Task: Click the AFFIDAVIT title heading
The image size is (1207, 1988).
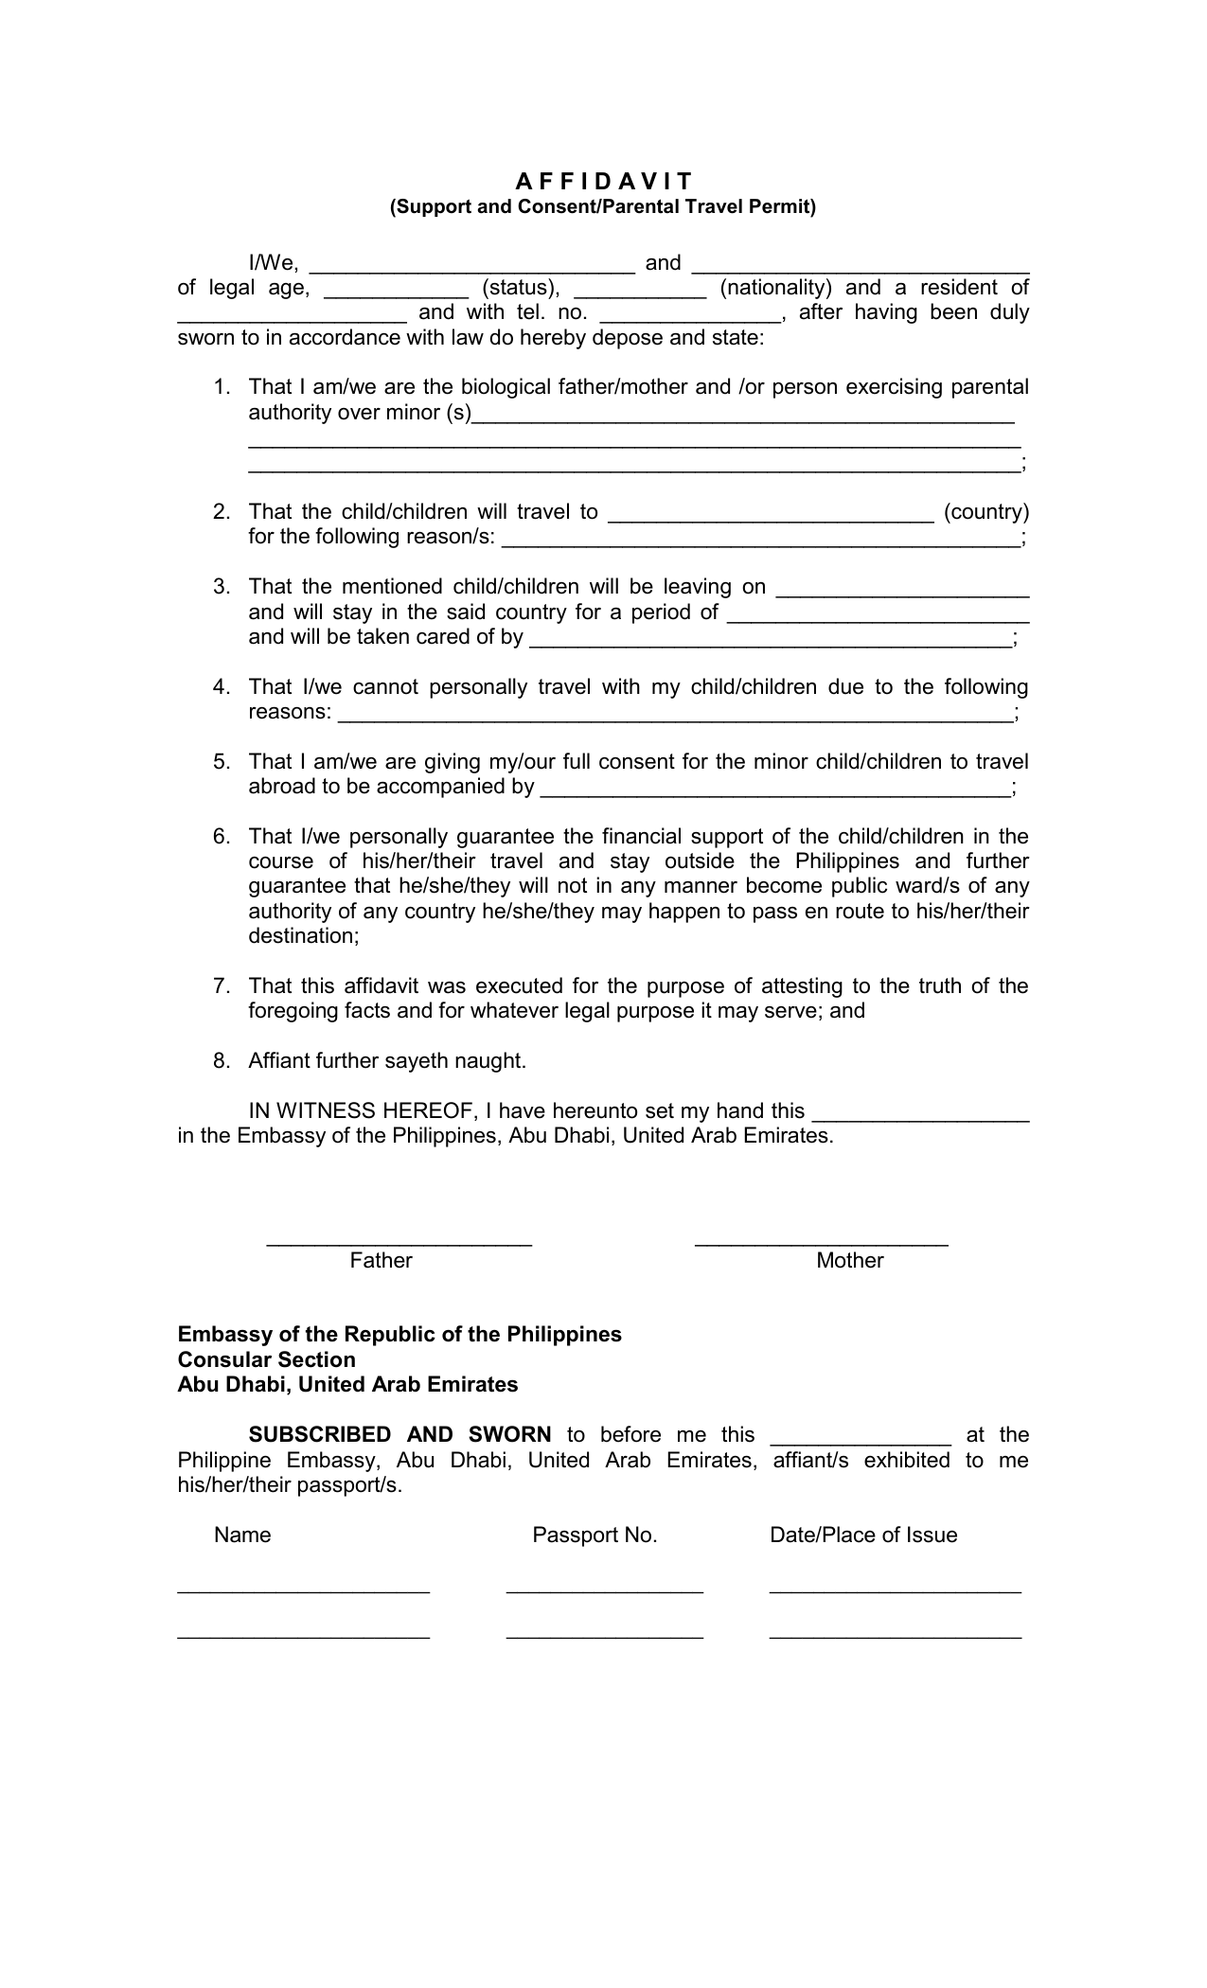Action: [603, 181]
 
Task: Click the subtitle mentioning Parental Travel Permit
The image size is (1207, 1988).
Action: [603, 206]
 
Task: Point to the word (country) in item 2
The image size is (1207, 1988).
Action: [985, 512]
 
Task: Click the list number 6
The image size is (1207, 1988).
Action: [222, 837]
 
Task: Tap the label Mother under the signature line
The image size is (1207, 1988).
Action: [849, 1261]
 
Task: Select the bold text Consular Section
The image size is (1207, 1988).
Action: [267, 1360]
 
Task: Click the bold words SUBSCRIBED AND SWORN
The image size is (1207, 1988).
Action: [399, 1435]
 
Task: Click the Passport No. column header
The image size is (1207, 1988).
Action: [595, 1535]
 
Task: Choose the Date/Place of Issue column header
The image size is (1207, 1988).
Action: [863, 1535]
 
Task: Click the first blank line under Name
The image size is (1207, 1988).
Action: [303, 1592]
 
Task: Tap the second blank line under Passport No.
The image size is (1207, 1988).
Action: [604, 1637]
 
